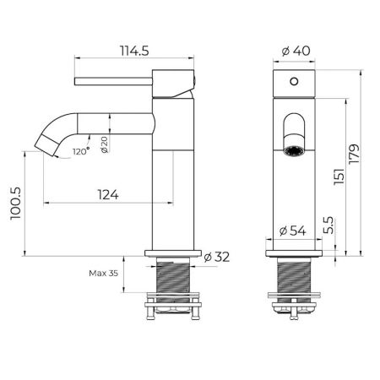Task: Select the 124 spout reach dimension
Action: click(106, 193)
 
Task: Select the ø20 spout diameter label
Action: click(103, 144)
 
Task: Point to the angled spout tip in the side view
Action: click(47, 145)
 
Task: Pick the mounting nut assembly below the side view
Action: click(175, 306)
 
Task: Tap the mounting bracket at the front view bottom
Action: click(295, 306)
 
